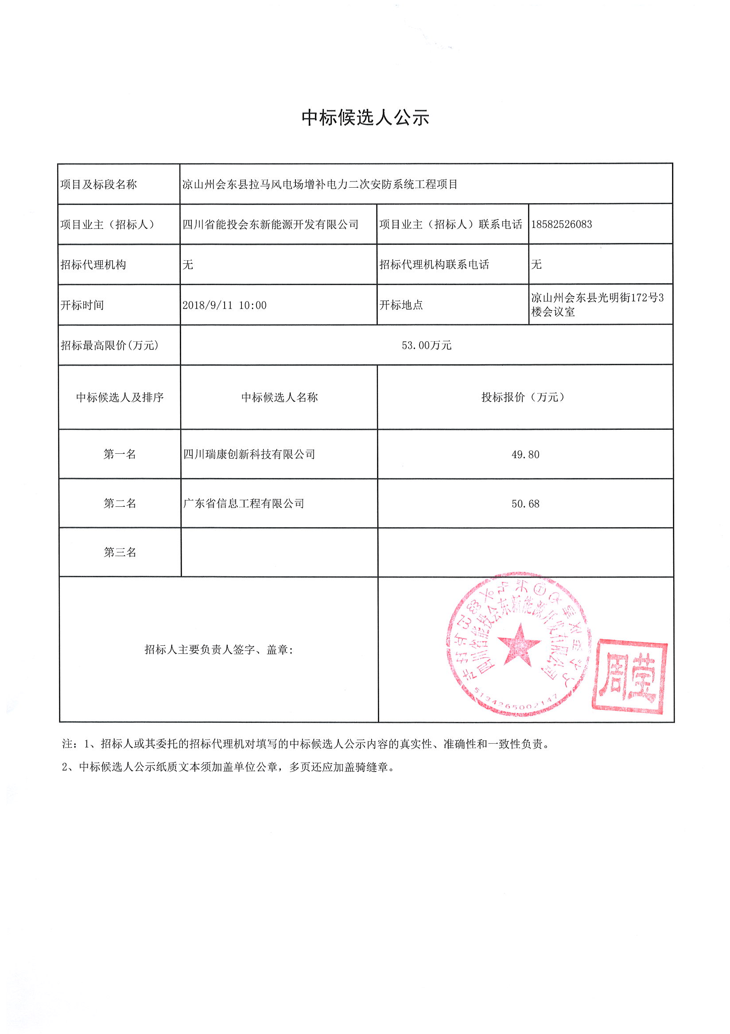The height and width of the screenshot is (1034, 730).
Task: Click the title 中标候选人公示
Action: click(x=365, y=118)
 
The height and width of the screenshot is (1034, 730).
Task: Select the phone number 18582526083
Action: click(x=561, y=224)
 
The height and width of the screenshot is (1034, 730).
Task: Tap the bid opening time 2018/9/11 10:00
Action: click(x=225, y=305)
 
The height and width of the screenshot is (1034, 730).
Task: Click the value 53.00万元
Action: click(x=426, y=345)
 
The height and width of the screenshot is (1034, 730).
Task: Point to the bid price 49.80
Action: click(x=525, y=455)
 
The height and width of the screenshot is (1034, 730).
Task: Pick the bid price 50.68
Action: click(x=525, y=504)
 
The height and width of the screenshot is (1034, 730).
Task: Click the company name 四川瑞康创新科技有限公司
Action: click(x=249, y=455)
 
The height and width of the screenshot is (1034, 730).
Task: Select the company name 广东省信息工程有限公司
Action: click(x=244, y=503)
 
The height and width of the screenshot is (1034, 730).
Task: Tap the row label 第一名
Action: click(x=120, y=455)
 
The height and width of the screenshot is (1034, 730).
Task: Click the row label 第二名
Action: click(x=120, y=503)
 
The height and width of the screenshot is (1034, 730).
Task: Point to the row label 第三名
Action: click(x=120, y=552)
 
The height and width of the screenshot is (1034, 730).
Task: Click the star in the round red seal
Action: click(x=519, y=645)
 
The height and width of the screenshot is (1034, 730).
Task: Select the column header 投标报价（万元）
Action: click(x=523, y=397)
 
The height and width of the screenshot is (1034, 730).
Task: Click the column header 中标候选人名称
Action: click(x=280, y=397)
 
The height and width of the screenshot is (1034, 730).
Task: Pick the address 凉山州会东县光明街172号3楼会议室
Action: click(x=597, y=305)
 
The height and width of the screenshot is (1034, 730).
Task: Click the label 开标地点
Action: click(x=401, y=305)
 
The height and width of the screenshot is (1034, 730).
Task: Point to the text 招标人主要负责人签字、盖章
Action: click(x=218, y=649)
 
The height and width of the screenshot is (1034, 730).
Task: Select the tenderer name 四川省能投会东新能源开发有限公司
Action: click(x=270, y=224)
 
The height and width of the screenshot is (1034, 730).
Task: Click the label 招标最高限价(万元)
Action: click(x=109, y=345)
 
